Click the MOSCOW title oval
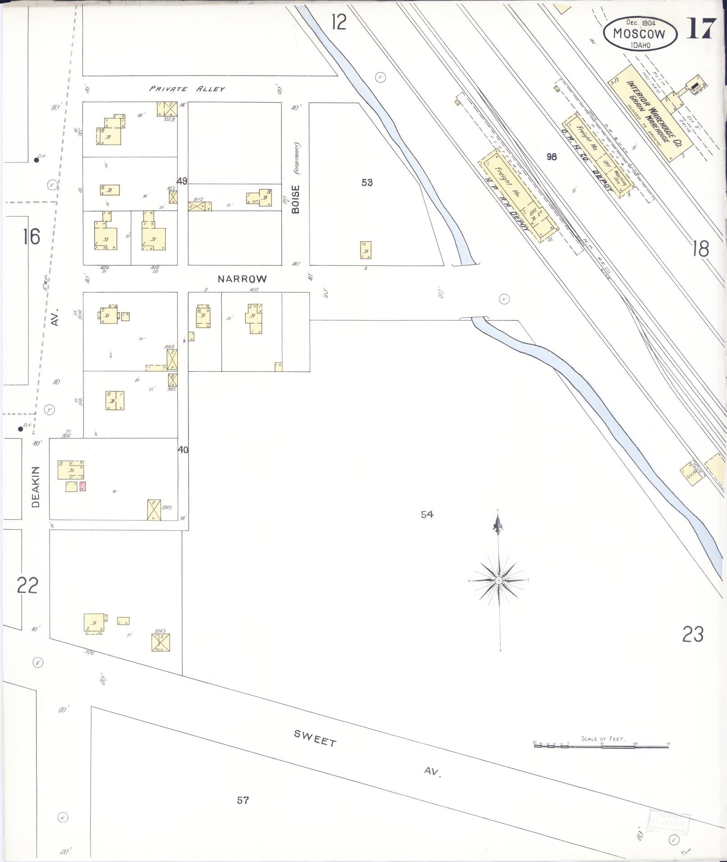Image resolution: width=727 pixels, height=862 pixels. coord(640,33)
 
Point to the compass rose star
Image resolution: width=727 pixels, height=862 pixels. coord(499,581)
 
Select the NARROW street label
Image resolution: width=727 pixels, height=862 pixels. coord(242,279)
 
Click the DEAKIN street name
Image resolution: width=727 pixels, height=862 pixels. coord(36,487)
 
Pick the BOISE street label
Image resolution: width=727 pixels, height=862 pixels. coord(296,199)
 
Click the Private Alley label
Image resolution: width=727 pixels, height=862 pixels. coord(187,89)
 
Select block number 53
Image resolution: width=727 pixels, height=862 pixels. coord(367,182)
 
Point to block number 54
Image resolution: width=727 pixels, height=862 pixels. coord(427,514)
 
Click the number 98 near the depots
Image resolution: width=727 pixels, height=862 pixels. coord(551,157)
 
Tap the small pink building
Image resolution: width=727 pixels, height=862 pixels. coord(82,486)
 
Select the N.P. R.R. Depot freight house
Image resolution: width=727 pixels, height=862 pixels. coord(518,195)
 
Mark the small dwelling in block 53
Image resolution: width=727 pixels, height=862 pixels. coord(366,250)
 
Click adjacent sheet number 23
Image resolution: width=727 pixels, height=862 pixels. coord(693,635)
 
